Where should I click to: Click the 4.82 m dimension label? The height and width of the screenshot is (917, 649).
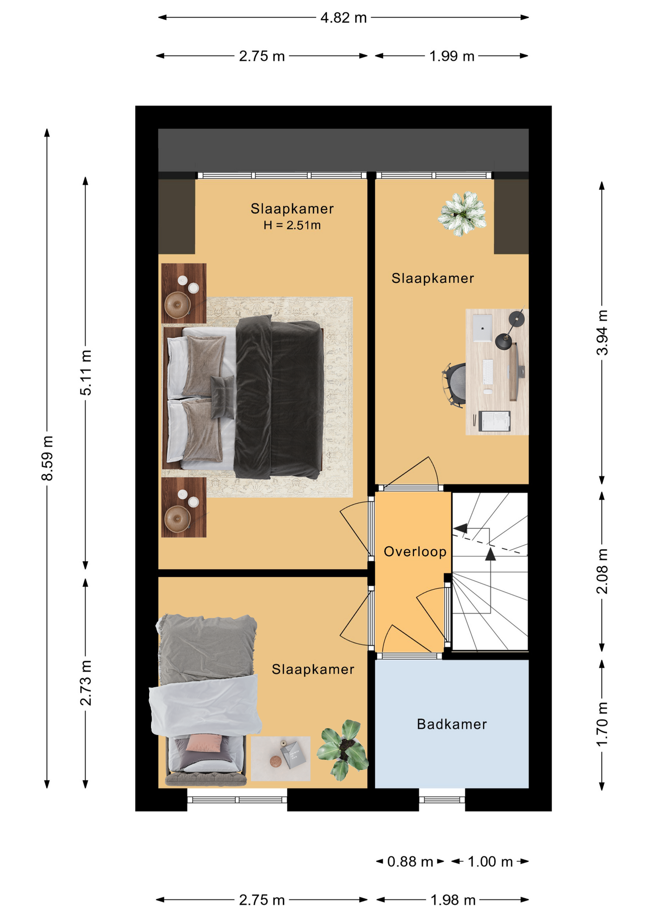click(x=343, y=18)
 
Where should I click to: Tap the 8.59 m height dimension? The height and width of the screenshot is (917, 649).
click(x=47, y=458)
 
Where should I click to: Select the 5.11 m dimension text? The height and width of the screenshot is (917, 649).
click(x=86, y=373)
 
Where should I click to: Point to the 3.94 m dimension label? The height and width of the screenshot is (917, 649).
click(x=602, y=332)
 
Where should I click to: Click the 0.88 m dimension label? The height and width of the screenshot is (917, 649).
click(x=410, y=862)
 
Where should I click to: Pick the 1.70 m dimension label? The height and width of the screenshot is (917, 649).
click(x=602, y=724)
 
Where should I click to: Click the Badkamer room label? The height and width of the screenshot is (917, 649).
click(x=452, y=724)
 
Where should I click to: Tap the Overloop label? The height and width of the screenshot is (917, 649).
click(x=415, y=552)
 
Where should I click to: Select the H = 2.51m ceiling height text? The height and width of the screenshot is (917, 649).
click(x=292, y=225)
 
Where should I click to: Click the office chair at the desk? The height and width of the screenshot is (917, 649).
click(x=454, y=385)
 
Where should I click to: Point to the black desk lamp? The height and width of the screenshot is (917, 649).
click(x=509, y=330)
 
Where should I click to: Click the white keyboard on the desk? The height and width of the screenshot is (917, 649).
click(x=488, y=372)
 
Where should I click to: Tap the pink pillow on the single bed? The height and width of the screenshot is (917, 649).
click(x=204, y=743)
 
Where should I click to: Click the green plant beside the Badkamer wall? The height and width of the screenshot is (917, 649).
click(x=343, y=750)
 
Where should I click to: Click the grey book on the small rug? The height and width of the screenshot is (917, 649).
click(x=292, y=754)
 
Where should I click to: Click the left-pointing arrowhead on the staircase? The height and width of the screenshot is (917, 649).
click(x=461, y=529)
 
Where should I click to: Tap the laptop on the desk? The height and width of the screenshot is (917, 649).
click(x=482, y=328)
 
